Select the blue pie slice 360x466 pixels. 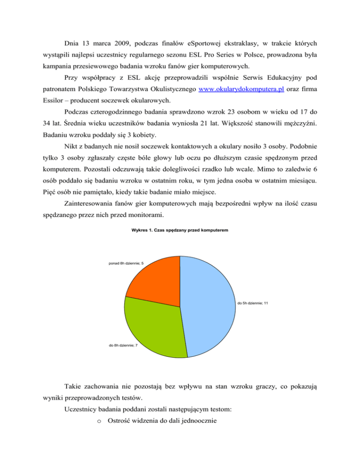pos(209,305)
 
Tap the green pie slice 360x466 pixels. pos(155,323)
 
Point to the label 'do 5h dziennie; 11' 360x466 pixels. pos(252,304)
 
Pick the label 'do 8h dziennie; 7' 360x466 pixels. pos(122,345)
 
